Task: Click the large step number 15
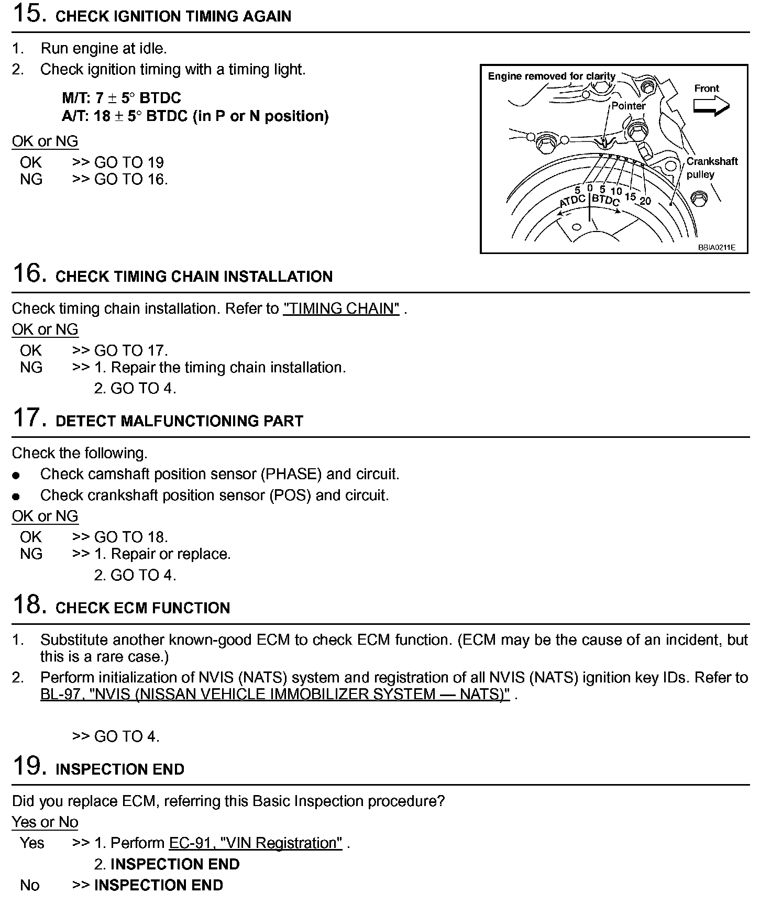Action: tap(27, 14)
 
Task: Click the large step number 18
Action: tap(27, 605)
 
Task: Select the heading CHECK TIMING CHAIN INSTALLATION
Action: tap(194, 277)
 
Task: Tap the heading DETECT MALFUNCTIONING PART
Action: tap(179, 421)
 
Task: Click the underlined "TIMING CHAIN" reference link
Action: tap(341, 308)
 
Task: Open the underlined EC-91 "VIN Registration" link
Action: tap(256, 843)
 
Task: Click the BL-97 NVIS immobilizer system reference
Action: tap(275, 694)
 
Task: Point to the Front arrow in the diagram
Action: tap(711, 106)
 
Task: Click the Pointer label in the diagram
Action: tap(629, 106)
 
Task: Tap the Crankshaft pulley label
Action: tap(712, 168)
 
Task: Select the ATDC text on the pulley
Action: tap(572, 201)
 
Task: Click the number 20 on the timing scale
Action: tap(645, 201)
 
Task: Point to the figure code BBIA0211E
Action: tap(716, 247)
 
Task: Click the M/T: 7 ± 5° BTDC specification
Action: tap(121, 98)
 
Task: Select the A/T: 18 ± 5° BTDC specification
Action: tap(195, 116)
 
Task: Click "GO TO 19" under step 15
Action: tap(129, 162)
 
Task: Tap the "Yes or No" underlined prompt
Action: tap(45, 822)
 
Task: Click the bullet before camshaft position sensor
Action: tap(17, 475)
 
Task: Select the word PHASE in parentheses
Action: tap(290, 474)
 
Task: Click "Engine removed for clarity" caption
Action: tap(552, 76)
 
